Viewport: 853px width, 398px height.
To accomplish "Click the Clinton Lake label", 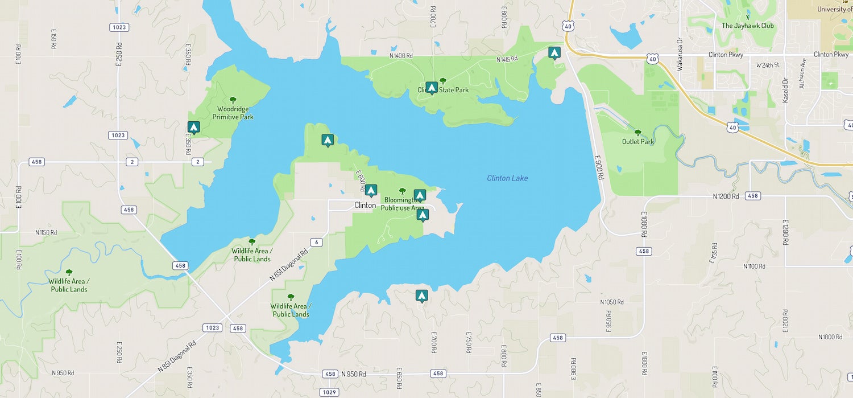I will (x=507, y=178).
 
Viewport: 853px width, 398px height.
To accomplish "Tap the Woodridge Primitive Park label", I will (x=233, y=113).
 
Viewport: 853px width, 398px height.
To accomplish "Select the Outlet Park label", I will (x=637, y=142).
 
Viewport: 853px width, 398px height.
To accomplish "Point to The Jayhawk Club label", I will (x=747, y=26).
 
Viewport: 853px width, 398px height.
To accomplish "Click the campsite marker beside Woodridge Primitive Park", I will (x=193, y=128).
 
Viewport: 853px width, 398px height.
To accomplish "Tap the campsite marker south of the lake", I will (x=421, y=296).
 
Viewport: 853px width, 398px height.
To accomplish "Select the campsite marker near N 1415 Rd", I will (x=554, y=53).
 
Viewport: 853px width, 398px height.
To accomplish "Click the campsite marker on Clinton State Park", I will (x=432, y=88).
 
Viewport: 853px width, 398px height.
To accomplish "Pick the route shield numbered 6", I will (x=317, y=242).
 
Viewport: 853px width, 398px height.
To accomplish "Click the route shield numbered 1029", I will (x=329, y=392).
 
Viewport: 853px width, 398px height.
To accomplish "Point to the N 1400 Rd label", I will (x=401, y=56).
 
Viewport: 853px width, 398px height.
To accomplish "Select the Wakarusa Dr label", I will (x=679, y=55).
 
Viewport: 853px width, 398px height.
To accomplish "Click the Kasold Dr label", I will (x=785, y=90).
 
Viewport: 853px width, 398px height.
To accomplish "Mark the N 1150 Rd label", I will (x=46, y=232).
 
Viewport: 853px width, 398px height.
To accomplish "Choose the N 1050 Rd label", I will (x=612, y=302).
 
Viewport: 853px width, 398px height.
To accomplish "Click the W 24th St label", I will (x=767, y=65).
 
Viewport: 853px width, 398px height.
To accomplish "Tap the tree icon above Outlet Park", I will (x=637, y=132).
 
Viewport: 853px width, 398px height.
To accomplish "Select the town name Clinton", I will (x=365, y=205).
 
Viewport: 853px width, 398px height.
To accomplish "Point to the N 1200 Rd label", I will (x=726, y=196).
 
